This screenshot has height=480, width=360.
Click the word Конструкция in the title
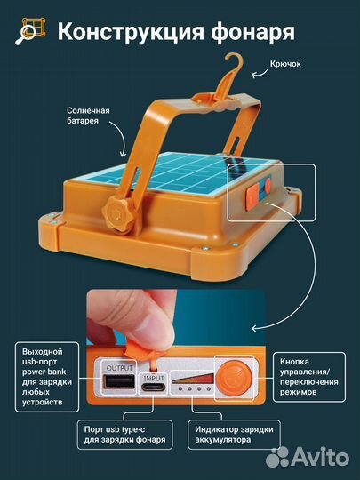(x=131, y=31)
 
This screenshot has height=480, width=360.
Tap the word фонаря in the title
(x=252, y=32)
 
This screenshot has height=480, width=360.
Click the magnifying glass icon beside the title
(x=30, y=31)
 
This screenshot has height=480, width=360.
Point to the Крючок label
(x=285, y=64)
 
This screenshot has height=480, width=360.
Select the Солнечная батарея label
(x=88, y=116)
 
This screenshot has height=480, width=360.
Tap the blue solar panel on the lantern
(x=180, y=172)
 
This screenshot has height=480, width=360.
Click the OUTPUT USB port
(x=120, y=381)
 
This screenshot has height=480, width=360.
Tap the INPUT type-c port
(x=154, y=388)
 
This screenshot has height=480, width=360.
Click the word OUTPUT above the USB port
(x=119, y=368)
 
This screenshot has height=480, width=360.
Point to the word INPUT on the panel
(x=154, y=378)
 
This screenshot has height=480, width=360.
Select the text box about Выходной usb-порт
(x=47, y=377)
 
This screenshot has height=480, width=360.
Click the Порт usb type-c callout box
(x=125, y=435)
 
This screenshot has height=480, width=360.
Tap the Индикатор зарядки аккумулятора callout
(x=234, y=435)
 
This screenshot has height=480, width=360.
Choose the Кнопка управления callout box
(x=309, y=377)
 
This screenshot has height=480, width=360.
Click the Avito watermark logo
(x=307, y=457)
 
